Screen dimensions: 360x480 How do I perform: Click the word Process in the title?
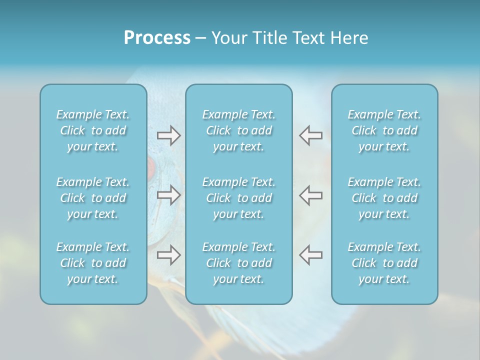pyautogui.click(x=157, y=38)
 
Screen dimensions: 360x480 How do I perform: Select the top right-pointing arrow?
pyautogui.click(x=168, y=135)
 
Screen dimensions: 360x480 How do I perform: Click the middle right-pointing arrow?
pyautogui.click(x=168, y=195)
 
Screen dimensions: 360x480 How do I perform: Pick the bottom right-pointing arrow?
pyautogui.click(x=168, y=255)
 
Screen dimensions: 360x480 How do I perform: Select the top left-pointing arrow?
pyautogui.click(x=310, y=135)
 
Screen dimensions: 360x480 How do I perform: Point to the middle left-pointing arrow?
pyautogui.click(x=310, y=195)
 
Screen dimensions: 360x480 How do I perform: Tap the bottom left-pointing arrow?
pyautogui.click(x=310, y=255)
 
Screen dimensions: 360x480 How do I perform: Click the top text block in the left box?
pyautogui.click(x=93, y=130)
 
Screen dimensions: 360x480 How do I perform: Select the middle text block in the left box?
pyautogui.click(x=93, y=198)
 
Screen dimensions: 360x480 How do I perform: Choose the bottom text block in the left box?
pyautogui.click(x=93, y=263)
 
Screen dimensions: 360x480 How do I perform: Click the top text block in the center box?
pyautogui.click(x=238, y=130)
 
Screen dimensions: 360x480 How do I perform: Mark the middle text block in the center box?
pyautogui.click(x=238, y=198)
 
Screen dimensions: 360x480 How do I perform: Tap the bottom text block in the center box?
pyautogui.click(x=238, y=263)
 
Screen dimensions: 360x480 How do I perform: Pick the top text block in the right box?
pyautogui.click(x=384, y=130)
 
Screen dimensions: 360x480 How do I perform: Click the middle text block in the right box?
pyautogui.click(x=384, y=198)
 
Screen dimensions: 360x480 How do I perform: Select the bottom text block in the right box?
pyautogui.click(x=384, y=263)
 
